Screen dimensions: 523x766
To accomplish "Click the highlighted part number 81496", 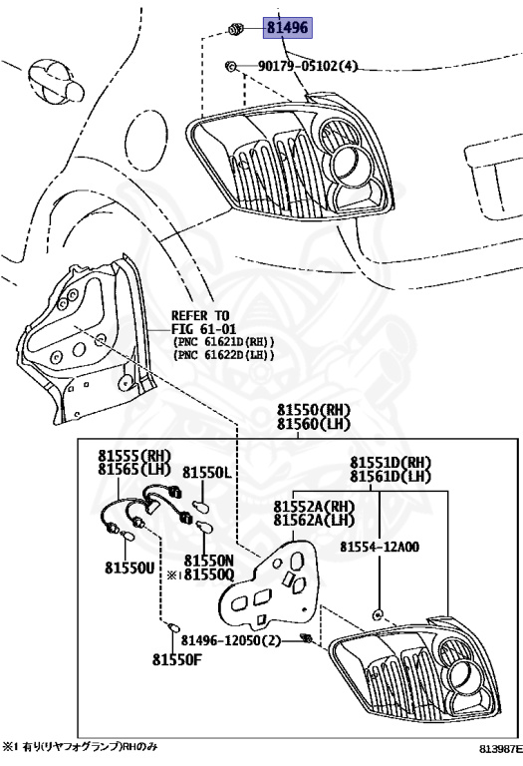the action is [x=288, y=27].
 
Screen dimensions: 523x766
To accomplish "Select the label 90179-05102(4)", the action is [x=308, y=66].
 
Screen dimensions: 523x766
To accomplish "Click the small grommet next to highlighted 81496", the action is [x=235, y=28].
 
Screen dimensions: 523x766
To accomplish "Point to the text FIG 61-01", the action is [x=203, y=328].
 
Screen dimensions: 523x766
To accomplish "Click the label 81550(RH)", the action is [x=314, y=409].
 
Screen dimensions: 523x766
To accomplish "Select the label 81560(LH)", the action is [x=314, y=424].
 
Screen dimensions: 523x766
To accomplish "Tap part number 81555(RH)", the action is [x=134, y=456].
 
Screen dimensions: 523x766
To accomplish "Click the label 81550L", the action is [x=207, y=473].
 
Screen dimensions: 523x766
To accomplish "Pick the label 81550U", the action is [x=130, y=568].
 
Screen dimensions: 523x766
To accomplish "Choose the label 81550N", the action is [x=209, y=561].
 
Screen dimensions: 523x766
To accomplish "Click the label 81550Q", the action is [x=209, y=574].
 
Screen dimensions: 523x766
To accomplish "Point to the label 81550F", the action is [x=177, y=659].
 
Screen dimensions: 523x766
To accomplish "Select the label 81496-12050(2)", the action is [x=231, y=640].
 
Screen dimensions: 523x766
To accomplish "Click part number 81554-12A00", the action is [x=380, y=547].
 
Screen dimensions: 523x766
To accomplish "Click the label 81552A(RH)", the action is [x=314, y=507].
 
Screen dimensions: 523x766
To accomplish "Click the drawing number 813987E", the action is [x=499, y=748].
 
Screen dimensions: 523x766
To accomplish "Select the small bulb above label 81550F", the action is [x=173, y=627].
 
